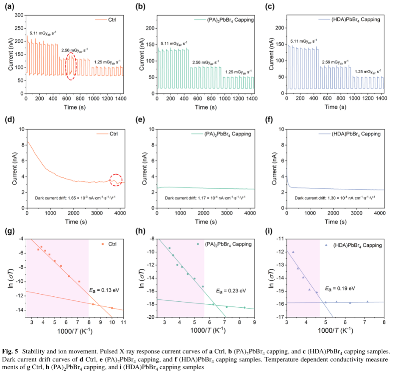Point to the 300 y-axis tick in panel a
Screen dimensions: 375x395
click(19, 15)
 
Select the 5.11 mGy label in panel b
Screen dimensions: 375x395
click(174, 43)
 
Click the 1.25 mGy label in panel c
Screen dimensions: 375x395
click(367, 71)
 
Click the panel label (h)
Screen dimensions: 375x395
click(139, 231)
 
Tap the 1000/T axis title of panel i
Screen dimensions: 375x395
click(335, 331)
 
